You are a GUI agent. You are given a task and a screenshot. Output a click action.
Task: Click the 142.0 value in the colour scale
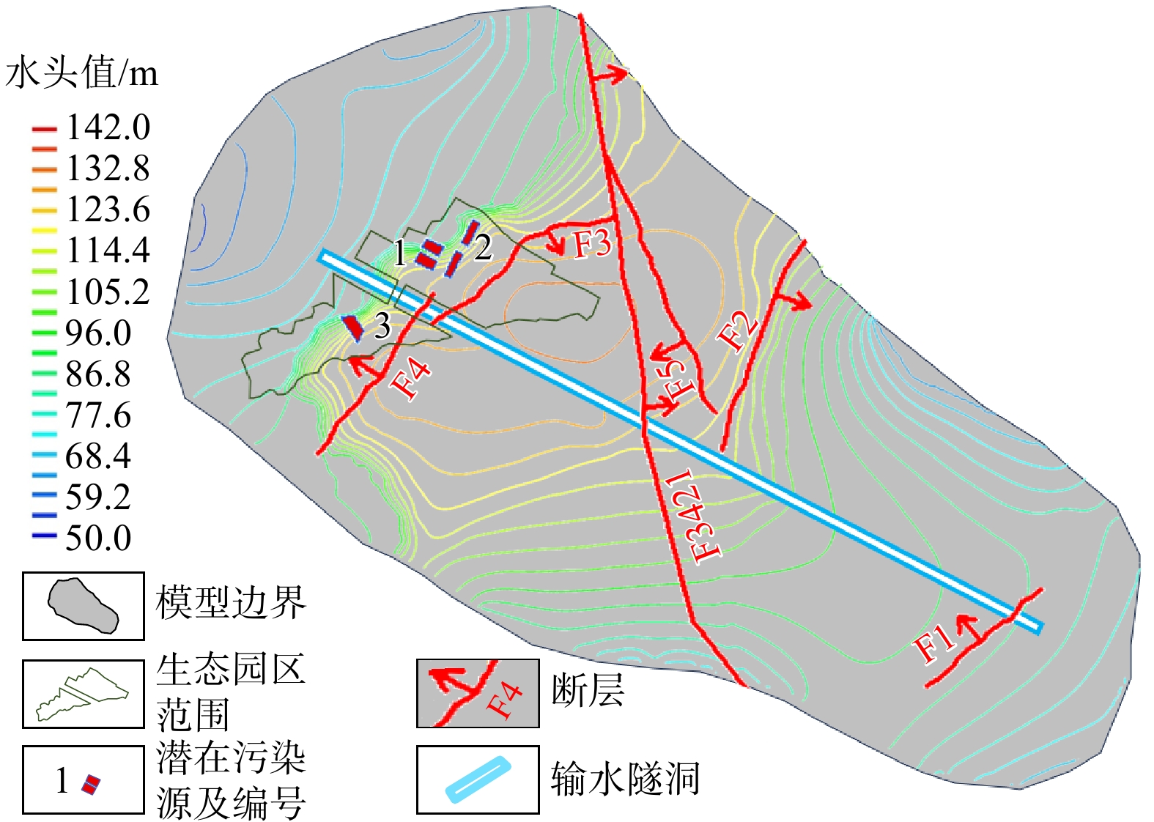pos(108,127)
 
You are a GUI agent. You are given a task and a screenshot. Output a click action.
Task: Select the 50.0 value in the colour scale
pos(98,538)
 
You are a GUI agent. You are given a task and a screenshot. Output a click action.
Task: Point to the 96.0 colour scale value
pos(98,333)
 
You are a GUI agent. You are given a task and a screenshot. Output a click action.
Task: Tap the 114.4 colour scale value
pos(108,251)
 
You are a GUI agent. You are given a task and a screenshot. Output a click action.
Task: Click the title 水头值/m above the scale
pos(81,73)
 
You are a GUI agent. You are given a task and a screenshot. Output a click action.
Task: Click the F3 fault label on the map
pos(591,243)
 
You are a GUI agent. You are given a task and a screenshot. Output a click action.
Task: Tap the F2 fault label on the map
pos(737,330)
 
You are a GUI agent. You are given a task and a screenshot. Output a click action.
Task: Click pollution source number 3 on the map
pos(382,327)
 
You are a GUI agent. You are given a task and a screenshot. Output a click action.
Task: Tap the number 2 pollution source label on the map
pos(482,248)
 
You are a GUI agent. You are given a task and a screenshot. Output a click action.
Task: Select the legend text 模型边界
pos(230,603)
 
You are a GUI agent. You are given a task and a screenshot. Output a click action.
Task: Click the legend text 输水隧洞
pos(625,779)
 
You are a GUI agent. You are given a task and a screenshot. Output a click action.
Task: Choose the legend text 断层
pos(587,689)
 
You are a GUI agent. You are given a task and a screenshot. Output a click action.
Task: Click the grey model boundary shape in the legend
pos(83,605)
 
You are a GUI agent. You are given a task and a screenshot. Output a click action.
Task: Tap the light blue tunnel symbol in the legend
pos(478,779)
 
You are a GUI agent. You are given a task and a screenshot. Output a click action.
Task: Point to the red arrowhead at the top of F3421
pos(623,73)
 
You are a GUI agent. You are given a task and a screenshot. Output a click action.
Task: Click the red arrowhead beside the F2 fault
pos(805,303)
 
